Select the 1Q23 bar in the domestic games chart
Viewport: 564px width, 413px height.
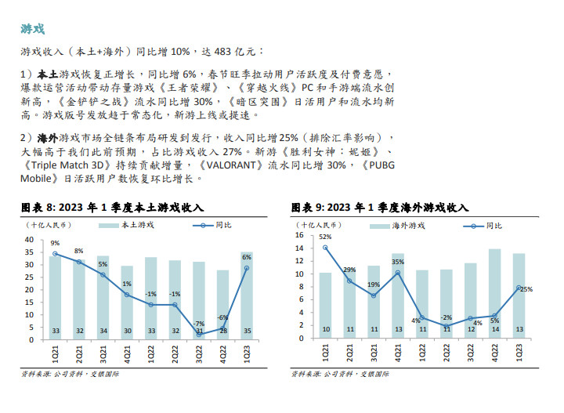point(247,298)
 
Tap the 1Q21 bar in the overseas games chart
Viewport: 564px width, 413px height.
point(325,306)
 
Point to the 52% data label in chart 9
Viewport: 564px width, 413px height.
point(325,237)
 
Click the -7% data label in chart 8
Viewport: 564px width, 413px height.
point(199,324)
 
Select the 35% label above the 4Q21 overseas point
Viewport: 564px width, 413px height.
point(398,262)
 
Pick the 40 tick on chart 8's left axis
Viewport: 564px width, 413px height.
point(29,240)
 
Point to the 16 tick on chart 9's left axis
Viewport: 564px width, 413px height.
point(299,235)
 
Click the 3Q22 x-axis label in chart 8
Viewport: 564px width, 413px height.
point(199,357)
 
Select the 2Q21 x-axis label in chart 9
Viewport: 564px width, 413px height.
point(349,357)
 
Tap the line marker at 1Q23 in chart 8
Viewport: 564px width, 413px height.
point(247,268)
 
